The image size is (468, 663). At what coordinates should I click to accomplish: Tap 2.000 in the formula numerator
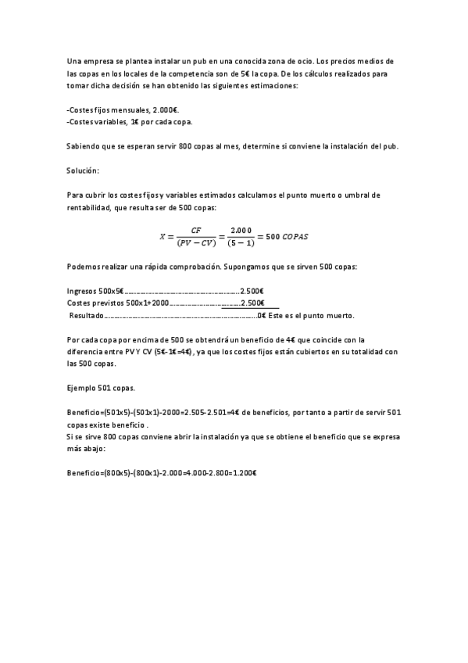coord(241,230)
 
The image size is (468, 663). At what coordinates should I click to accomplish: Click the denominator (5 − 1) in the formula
coord(241,243)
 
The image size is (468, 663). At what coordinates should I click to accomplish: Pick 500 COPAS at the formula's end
coord(289,236)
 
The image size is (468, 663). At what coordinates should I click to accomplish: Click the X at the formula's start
coord(163,236)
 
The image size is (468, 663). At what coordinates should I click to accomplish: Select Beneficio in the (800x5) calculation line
coord(84,472)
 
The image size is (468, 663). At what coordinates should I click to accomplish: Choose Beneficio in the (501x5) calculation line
coord(84,412)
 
